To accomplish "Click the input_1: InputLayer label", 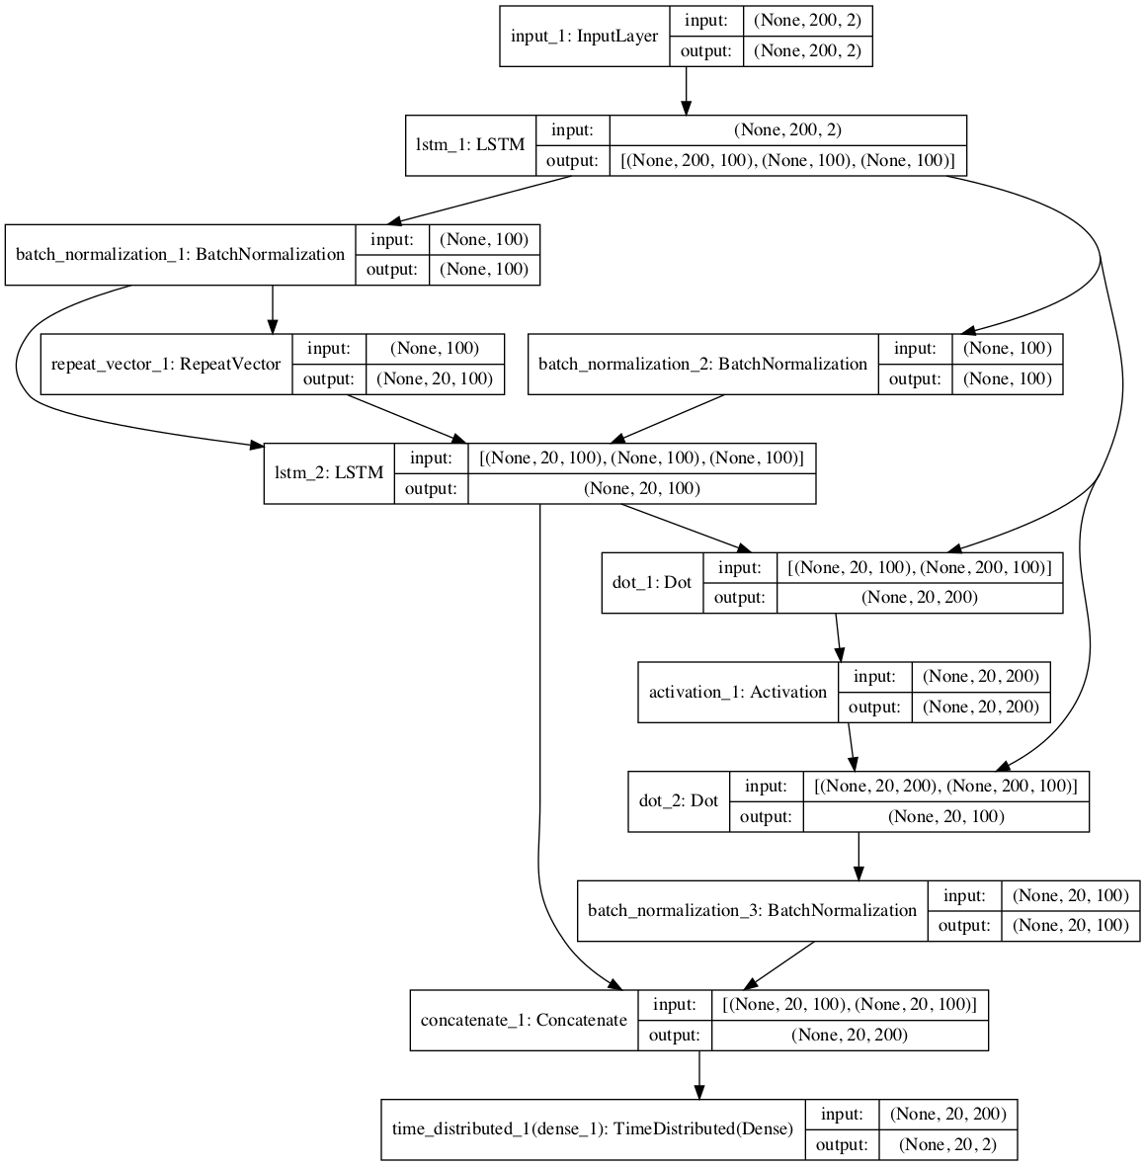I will point(584,37).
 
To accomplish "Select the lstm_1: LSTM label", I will point(470,146).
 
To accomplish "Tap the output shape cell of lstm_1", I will point(787,161).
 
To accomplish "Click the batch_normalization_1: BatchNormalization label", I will point(180,255).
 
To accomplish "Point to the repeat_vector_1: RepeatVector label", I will point(166,365).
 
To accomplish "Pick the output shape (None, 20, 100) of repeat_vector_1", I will point(435,379).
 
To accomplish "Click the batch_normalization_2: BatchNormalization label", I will point(702,365).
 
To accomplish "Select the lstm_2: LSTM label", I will point(328,473).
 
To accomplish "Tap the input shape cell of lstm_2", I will point(641,458).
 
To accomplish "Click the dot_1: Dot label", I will point(652,583).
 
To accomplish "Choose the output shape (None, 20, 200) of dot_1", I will point(919,598).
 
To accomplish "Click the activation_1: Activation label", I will point(737,692).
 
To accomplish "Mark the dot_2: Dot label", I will point(679,801).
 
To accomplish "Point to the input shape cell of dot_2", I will point(945,787).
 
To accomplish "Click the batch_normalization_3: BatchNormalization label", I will point(752,910).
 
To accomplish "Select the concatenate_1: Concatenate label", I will point(524,1020).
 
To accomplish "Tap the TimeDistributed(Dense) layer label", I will point(593,1128).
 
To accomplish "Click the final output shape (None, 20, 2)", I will point(946,1144).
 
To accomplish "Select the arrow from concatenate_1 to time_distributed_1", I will point(699,1074).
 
